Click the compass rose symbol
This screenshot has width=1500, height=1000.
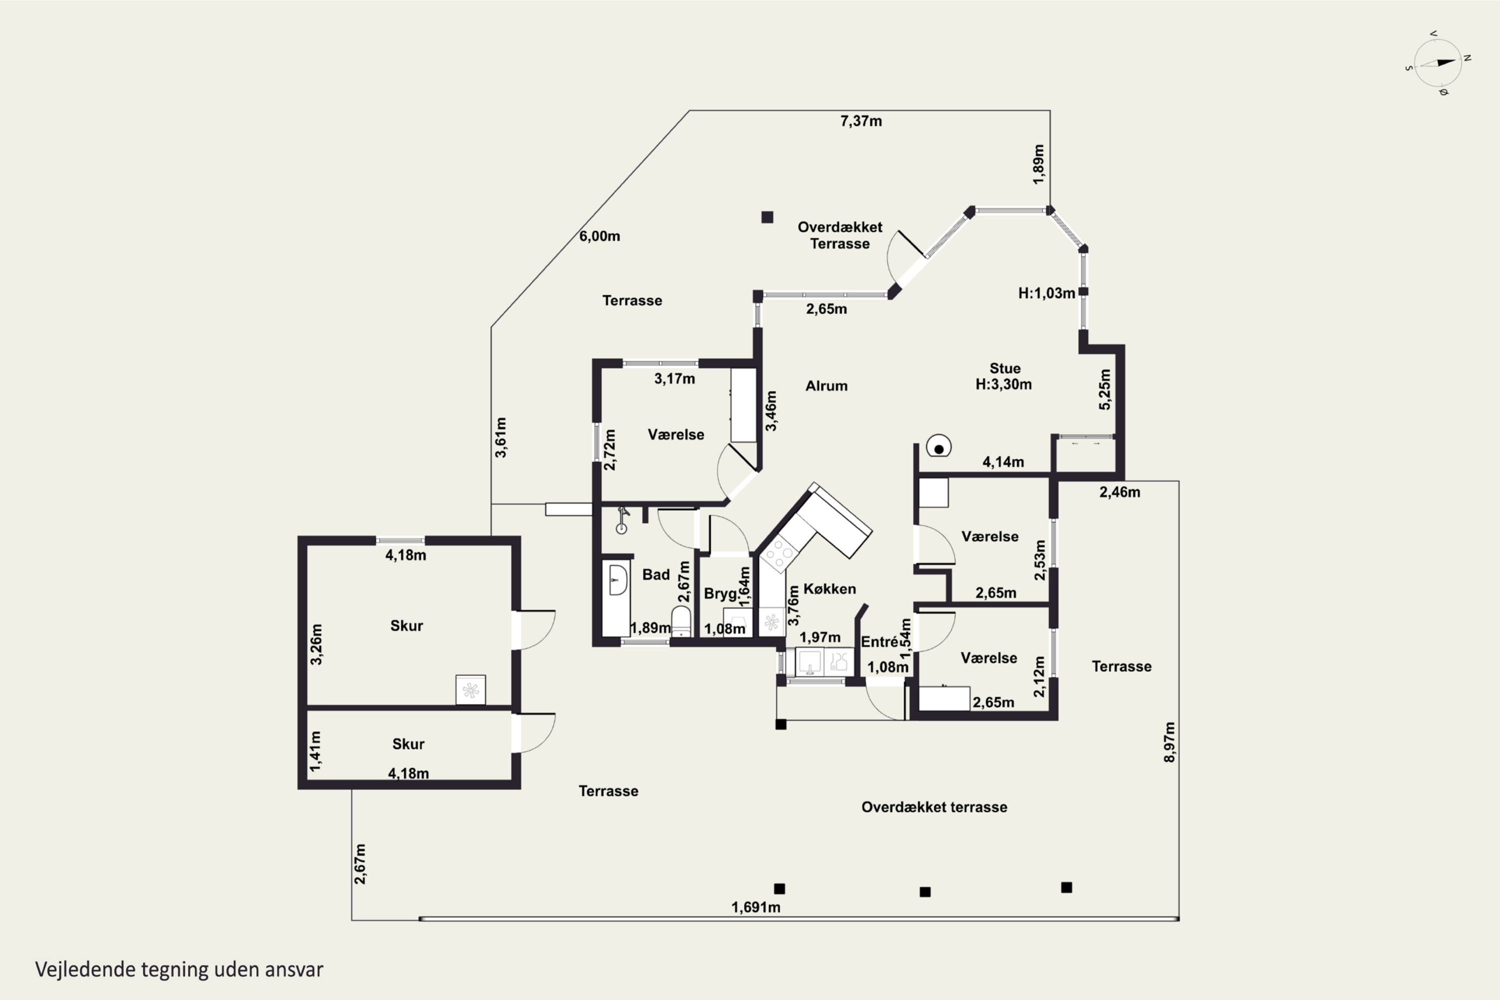click(x=1437, y=63)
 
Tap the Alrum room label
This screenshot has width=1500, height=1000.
click(x=826, y=386)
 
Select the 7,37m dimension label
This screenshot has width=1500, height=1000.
click(x=861, y=121)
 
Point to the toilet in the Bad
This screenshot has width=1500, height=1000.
click(x=681, y=621)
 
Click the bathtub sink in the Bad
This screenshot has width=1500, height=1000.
click(x=617, y=579)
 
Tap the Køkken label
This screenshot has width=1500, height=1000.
click(x=829, y=588)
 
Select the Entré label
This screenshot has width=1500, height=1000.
click(x=879, y=641)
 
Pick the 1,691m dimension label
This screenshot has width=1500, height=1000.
click(x=755, y=907)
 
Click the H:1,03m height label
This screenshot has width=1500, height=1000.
click(x=1046, y=293)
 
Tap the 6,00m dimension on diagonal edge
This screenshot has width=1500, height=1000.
click(x=599, y=236)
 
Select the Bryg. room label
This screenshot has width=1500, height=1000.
click(x=720, y=594)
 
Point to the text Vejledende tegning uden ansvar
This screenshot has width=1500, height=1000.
click(x=179, y=969)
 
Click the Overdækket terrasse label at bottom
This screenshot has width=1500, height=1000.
click(x=934, y=807)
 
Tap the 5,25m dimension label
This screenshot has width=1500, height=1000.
click(x=1104, y=389)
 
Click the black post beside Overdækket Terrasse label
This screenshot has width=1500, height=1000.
click(x=767, y=217)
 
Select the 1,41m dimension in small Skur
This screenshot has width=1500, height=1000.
click(x=315, y=751)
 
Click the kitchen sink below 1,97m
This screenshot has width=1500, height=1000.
click(x=810, y=662)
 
